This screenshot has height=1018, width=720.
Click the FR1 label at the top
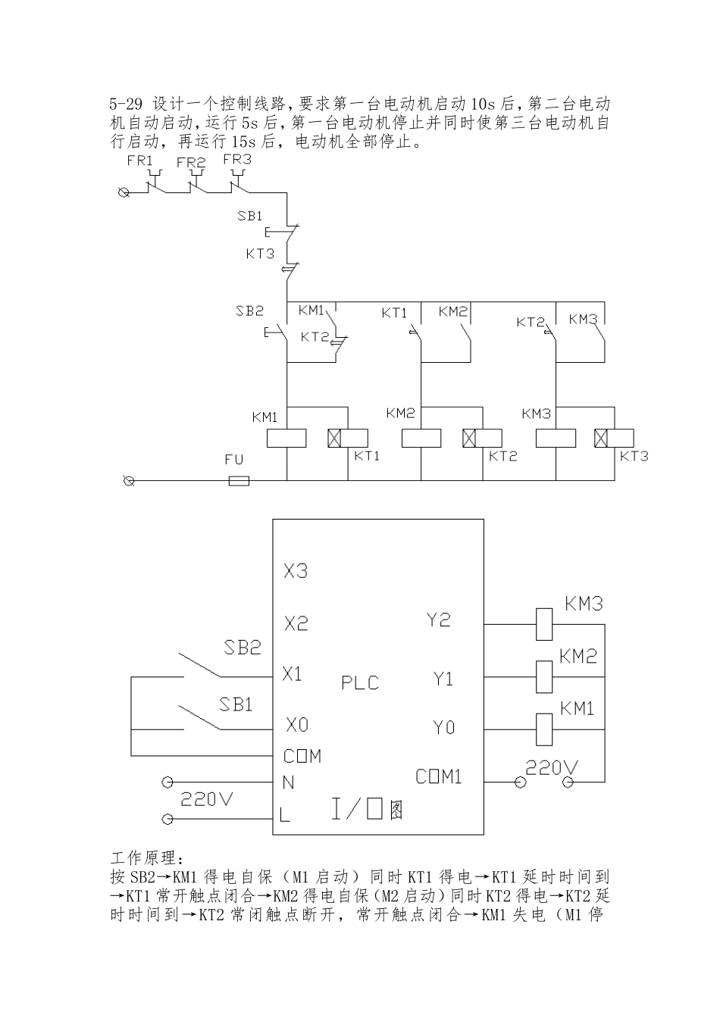tap(140, 161)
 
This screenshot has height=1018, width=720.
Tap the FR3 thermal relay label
tap(237, 160)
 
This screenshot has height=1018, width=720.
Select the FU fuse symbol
tap(239, 480)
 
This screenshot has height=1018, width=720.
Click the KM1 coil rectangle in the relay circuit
tap(286, 439)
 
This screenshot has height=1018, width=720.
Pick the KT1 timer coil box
tap(348, 439)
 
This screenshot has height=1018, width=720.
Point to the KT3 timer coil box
tap(615, 439)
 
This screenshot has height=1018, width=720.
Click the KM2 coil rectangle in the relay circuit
tap(421, 439)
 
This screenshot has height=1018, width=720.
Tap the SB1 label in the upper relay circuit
tap(249, 216)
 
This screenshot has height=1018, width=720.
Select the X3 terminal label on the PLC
tap(296, 571)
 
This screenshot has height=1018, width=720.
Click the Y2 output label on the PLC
tap(438, 620)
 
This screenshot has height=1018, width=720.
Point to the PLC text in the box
tap(360, 682)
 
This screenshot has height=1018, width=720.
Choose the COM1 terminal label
tap(439, 777)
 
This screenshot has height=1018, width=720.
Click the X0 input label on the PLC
tap(296, 726)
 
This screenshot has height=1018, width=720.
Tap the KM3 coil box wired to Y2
tap(544, 624)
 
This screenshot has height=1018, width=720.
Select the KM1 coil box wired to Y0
tap(544, 729)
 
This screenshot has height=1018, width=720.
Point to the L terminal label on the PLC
tap(284, 816)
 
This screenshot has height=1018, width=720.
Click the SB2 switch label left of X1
tap(243, 648)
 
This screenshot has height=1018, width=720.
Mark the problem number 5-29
tap(126, 103)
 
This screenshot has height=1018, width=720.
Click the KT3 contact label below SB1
tap(260, 254)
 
